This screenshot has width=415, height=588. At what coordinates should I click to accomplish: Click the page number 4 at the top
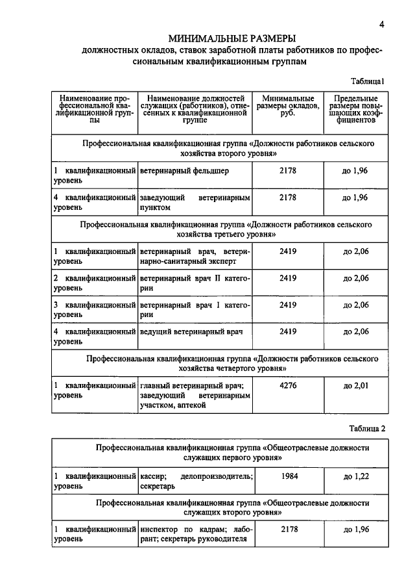[x=383, y=25]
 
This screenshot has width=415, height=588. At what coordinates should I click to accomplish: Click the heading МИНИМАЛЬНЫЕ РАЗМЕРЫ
[x=232, y=39]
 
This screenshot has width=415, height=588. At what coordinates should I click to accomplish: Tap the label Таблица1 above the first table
[x=368, y=82]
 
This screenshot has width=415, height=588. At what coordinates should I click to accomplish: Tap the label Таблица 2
[x=367, y=428]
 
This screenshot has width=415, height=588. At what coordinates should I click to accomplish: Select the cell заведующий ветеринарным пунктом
[x=195, y=202]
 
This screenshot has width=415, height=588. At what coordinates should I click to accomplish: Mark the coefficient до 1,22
[x=355, y=476]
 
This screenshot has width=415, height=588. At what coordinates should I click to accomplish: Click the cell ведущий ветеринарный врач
[x=191, y=331]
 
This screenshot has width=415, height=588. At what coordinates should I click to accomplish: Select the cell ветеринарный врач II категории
[x=195, y=283]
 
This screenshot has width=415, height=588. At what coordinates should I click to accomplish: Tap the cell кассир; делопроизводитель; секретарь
[x=195, y=481]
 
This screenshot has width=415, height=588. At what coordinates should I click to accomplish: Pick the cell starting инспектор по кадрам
[x=195, y=534]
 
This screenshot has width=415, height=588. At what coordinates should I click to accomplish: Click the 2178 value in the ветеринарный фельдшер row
[x=288, y=170]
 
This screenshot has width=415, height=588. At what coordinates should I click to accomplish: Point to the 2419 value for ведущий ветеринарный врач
[x=288, y=331]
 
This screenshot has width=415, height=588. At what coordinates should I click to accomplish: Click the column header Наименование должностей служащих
[x=195, y=107]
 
